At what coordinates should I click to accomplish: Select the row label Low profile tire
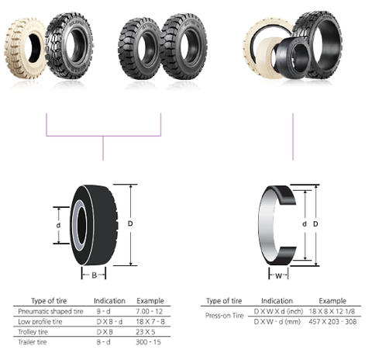pyautogui.click(x=40, y=320)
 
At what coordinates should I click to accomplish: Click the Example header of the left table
pyautogui.click(x=149, y=299)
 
